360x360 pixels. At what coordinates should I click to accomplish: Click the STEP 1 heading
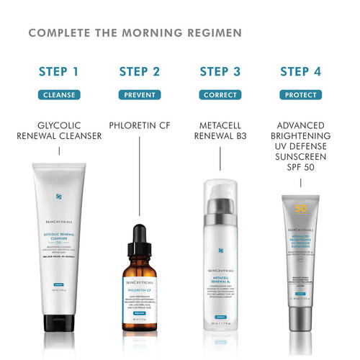click(x=57, y=71)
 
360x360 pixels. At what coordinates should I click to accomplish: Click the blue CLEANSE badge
click(x=58, y=94)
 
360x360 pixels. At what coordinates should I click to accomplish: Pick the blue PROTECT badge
click(x=302, y=94)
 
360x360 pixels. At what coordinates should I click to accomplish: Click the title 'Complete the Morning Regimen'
click(x=135, y=33)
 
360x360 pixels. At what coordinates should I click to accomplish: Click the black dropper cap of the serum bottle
click(x=139, y=234)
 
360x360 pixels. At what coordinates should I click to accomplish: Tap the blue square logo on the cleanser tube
click(x=58, y=195)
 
